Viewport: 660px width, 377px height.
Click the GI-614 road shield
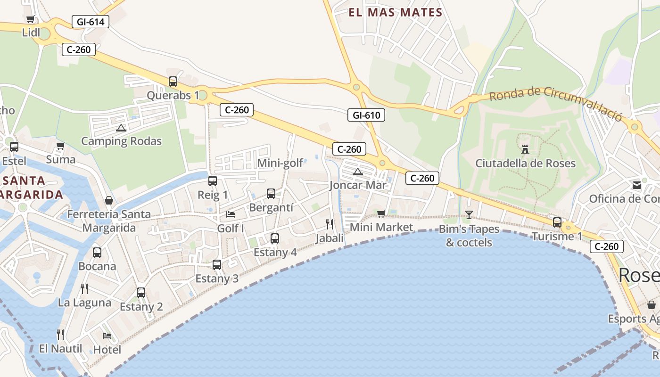pyautogui.click(x=91, y=21)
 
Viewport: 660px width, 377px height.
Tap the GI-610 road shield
pyautogui.click(x=366, y=115)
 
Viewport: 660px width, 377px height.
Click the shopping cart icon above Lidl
pyautogui.click(x=31, y=19)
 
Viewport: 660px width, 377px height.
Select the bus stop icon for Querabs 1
pyautogui.click(x=173, y=81)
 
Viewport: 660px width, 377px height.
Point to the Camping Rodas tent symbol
pyautogui.click(x=121, y=128)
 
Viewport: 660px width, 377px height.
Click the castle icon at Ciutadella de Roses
pyautogui.click(x=525, y=149)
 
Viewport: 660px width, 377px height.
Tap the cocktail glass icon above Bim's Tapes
pyautogui.click(x=469, y=215)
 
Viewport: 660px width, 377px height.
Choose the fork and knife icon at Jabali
pyautogui.click(x=330, y=224)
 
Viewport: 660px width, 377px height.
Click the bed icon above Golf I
pyautogui.click(x=231, y=214)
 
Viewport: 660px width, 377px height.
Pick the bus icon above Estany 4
pyautogui.click(x=275, y=238)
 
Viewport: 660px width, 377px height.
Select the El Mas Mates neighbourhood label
pyautogui.click(x=396, y=13)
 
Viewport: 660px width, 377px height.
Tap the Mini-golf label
pyautogui.click(x=280, y=164)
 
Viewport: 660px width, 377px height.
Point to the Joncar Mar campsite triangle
pyautogui.click(x=358, y=172)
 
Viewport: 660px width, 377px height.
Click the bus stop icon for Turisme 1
pyautogui.click(x=557, y=222)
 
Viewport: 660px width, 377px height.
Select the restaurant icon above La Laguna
pyautogui.click(x=84, y=288)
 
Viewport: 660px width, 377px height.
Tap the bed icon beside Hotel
pyautogui.click(x=107, y=336)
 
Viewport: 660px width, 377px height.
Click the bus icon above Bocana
pyautogui.click(x=97, y=252)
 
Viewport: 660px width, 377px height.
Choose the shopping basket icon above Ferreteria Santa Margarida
pyautogui.click(x=109, y=200)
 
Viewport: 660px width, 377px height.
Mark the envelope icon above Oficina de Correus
pyautogui.click(x=637, y=185)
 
